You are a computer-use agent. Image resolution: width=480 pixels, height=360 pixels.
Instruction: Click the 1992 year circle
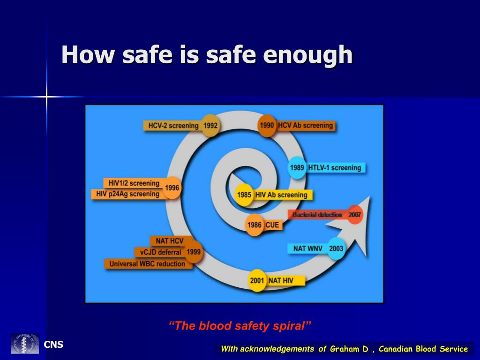[x=210, y=126]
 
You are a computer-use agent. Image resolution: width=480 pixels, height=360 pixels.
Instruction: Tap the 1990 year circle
[x=267, y=126]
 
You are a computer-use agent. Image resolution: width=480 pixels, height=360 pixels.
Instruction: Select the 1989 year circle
[x=297, y=168]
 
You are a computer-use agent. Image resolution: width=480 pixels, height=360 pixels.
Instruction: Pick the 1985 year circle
[x=244, y=195]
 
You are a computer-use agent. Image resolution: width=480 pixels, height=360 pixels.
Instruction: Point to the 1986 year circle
[x=254, y=225]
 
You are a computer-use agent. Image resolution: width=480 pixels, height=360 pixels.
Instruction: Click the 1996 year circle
[x=172, y=188]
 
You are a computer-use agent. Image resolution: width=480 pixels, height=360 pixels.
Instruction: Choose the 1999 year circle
[x=193, y=252]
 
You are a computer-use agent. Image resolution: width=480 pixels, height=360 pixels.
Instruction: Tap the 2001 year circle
[x=257, y=281]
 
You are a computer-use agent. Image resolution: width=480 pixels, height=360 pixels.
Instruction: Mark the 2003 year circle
[x=336, y=248]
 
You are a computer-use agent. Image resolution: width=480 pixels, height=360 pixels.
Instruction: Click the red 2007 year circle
[x=354, y=215]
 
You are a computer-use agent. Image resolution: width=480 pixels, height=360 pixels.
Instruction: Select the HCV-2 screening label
[x=173, y=126]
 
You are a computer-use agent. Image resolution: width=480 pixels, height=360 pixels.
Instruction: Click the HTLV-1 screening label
[x=336, y=168]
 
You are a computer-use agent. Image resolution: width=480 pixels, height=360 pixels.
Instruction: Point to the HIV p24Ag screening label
[x=127, y=194]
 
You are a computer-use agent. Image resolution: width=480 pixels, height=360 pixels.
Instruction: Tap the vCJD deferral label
[x=159, y=252]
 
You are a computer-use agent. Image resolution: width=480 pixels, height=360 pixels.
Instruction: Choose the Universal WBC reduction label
[x=147, y=264]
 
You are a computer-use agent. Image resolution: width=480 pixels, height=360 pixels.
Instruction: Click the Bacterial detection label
[x=317, y=215]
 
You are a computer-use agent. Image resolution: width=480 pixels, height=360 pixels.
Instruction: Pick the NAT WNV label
[x=307, y=248]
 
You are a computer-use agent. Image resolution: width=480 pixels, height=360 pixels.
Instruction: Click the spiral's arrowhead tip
[x=369, y=197]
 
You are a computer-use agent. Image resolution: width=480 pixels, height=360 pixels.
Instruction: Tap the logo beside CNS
[x=25, y=344]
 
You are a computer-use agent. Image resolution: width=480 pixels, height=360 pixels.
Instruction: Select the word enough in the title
[x=307, y=55]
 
